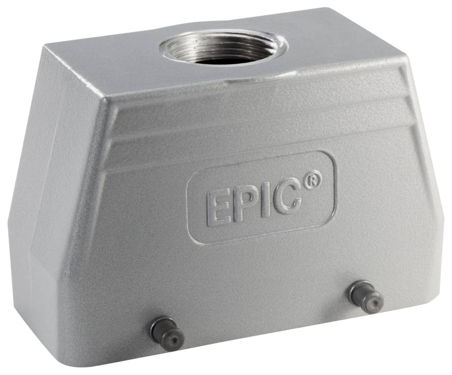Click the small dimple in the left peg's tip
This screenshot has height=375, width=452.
tap(174, 339)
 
